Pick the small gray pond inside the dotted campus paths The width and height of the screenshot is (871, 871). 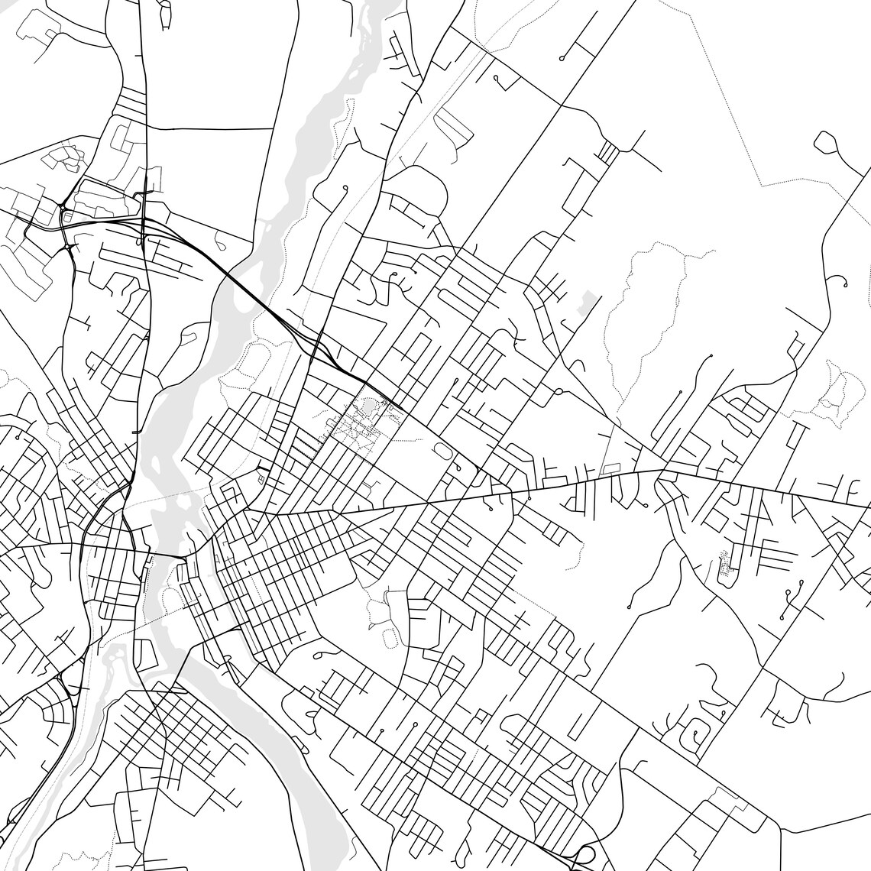tap(371, 408)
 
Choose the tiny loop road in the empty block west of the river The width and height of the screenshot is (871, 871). tap(220, 243)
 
